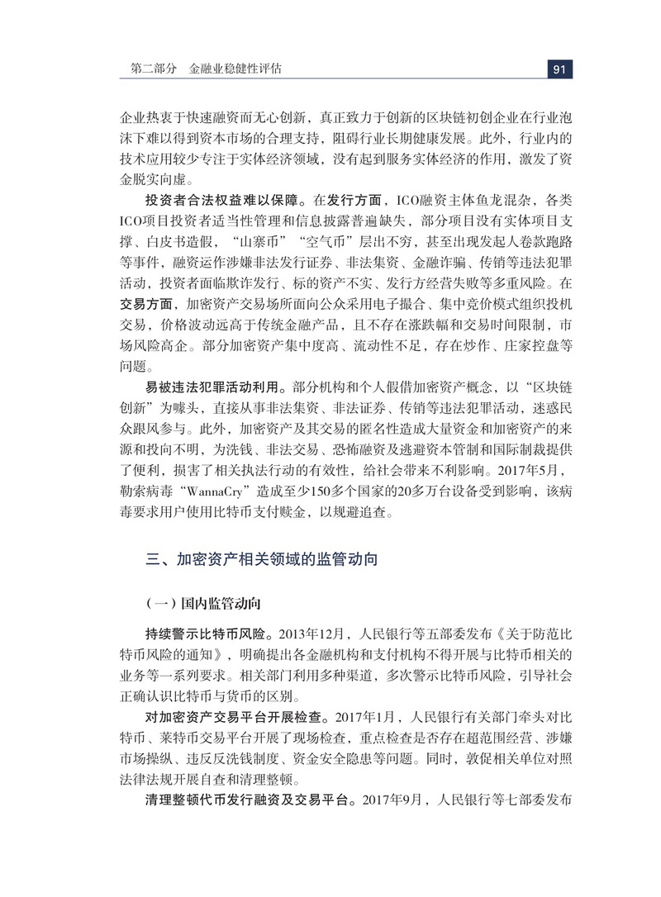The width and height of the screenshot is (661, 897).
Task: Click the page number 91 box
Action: pos(559,69)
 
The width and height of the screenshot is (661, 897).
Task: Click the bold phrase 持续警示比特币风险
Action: pos(211,634)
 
